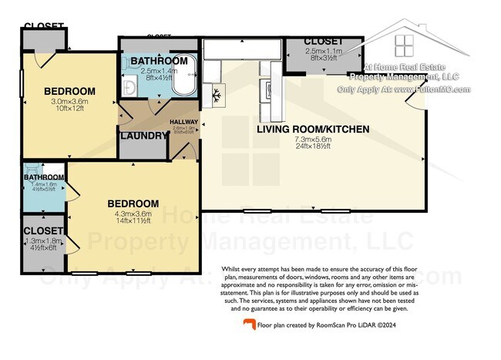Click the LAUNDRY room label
pos(144,136)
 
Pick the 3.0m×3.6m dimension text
pos(48,100)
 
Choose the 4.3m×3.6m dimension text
pos(133,214)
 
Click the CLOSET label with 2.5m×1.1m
pos(323,41)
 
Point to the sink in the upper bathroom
pos(129,88)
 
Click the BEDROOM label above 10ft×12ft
pos(48,90)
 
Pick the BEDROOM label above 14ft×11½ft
pos(133,204)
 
